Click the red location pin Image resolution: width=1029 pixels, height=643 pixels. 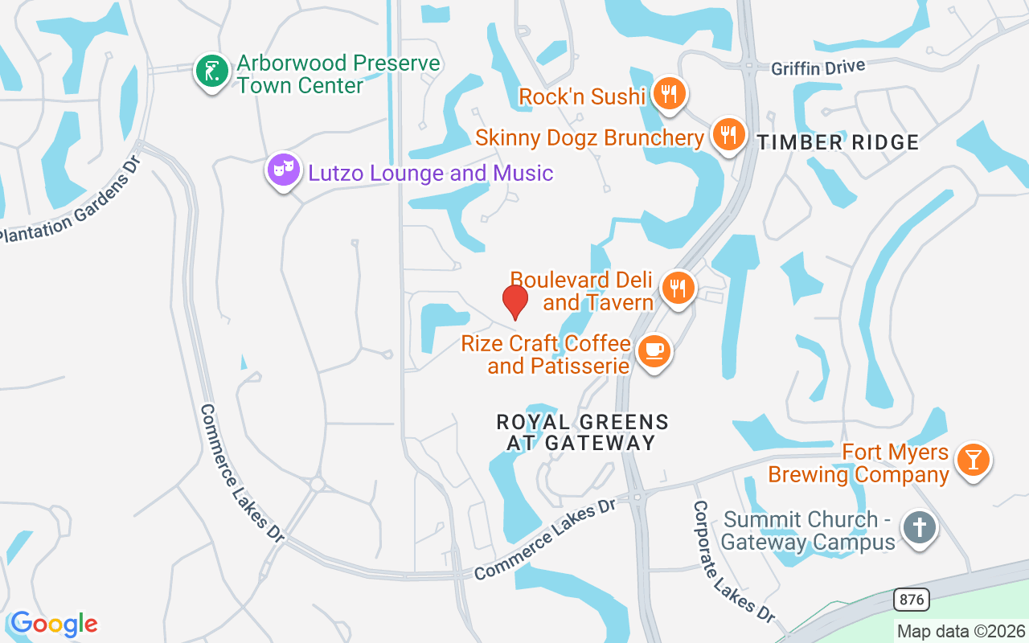tap(514, 301)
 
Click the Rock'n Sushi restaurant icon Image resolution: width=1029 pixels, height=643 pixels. tap(668, 95)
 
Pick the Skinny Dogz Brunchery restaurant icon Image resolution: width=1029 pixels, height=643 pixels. tap(729, 135)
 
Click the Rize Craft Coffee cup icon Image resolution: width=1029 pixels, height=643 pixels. tap(654, 352)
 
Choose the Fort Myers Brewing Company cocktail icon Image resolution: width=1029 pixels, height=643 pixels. tap(974, 461)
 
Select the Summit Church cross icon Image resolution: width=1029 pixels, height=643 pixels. tap(920, 529)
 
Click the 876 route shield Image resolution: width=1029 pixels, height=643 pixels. tap(911, 600)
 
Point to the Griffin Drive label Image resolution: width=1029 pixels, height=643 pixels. tap(818, 68)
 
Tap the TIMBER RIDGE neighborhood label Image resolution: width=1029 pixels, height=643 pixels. tap(838, 143)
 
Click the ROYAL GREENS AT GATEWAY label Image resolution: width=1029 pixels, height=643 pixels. tap(582, 432)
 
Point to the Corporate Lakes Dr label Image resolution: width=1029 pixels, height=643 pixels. tap(733, 560)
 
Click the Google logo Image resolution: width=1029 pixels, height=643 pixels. tap(54, 624)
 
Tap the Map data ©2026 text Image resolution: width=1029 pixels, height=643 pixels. tap(961, 631)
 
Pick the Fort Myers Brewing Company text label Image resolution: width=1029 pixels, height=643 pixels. tap(859, 464)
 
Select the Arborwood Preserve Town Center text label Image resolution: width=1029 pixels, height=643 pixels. tap(338, 74)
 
